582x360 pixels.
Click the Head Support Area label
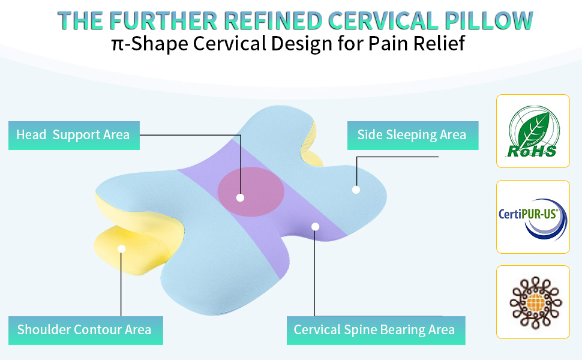[x=73, y=135]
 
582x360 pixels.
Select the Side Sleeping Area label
[x=412, y=135]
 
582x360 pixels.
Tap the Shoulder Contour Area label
[x=85, y=329]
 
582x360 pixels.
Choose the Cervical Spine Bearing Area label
[x=374, y=329]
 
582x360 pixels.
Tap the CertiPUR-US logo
[x=532, y=217]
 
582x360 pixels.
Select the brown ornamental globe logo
[x=532, y=302]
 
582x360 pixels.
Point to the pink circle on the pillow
[x=250, y=191]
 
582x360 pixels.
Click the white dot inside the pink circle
[x=240, y=197]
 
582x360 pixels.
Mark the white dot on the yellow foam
[x=121, y=248]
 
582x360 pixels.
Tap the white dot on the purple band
[x=315, y=226]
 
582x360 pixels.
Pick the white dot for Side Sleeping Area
[x=356, y=190]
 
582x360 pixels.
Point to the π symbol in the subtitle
[x=118, y=44]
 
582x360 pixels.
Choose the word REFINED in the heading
[x=267, y=20]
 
